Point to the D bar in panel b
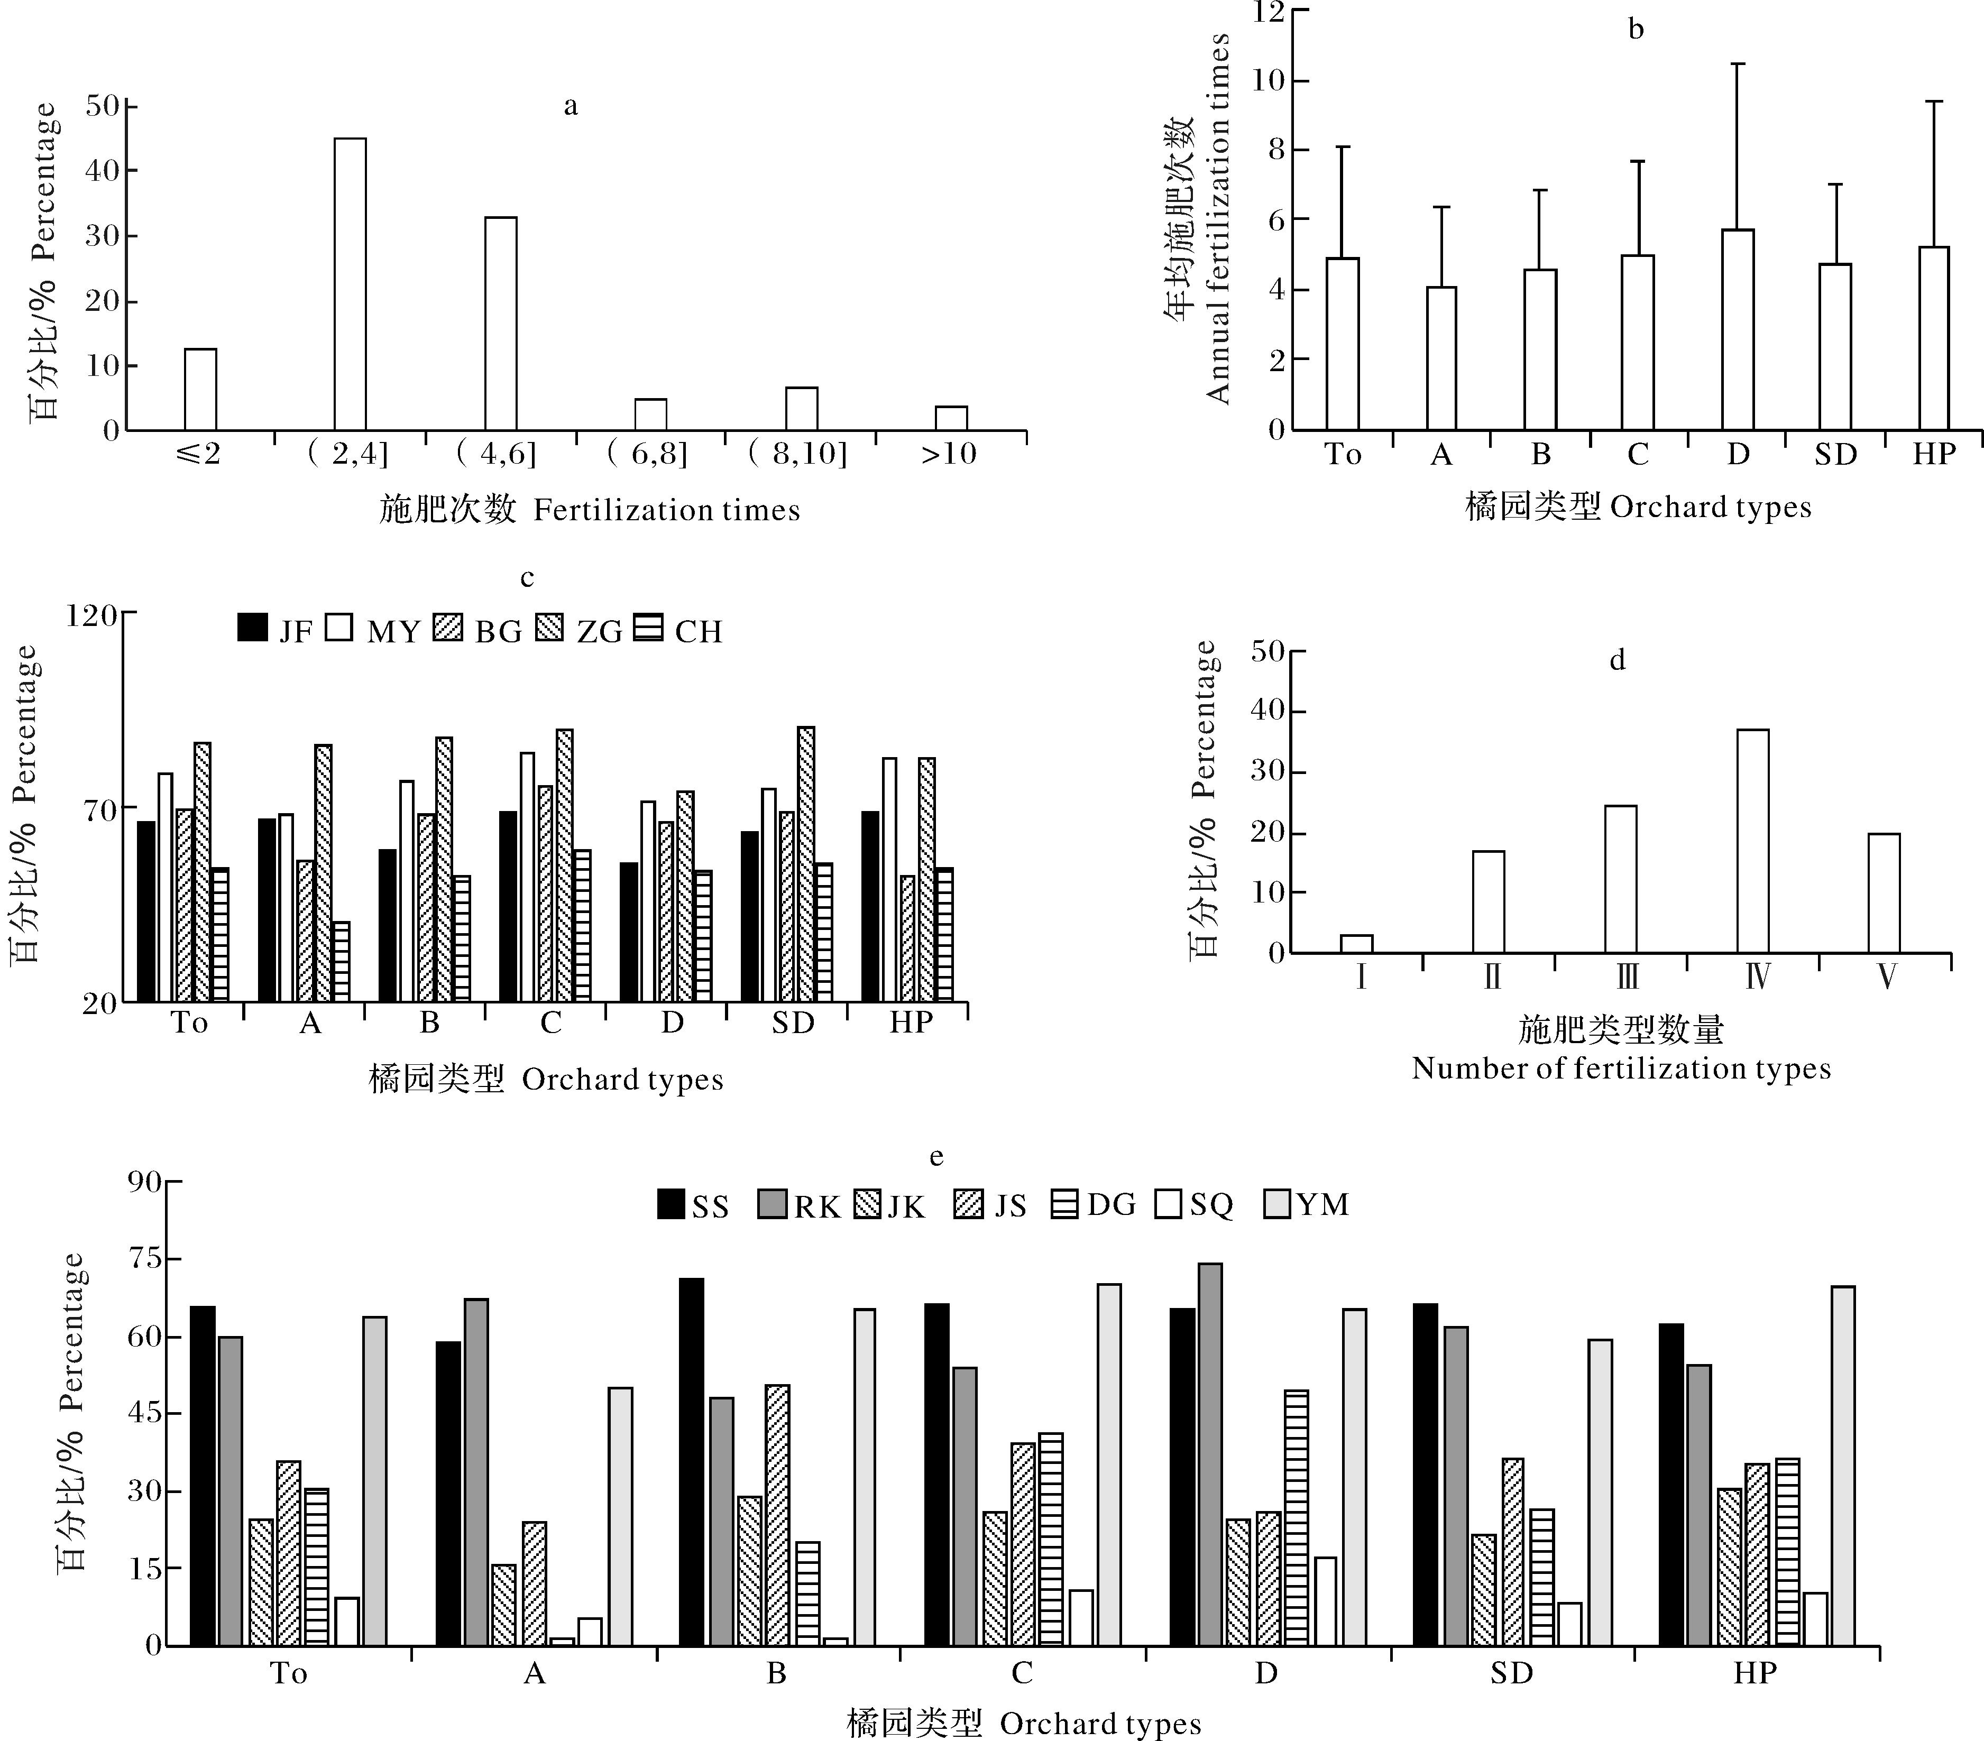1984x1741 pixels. click(x=1738, y=330)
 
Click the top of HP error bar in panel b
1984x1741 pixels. click(x=1934, y=101)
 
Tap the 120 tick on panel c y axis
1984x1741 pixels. click(x=91, y=615)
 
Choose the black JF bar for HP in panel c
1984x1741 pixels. click(x=870, y=906)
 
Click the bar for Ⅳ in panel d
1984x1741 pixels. click(x=1753, y=841)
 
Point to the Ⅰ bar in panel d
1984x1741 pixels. click(x=1356, y=943)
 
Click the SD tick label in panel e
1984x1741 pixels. click(x=1511, y=1673)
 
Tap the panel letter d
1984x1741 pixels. click(x=1617, y=661)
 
